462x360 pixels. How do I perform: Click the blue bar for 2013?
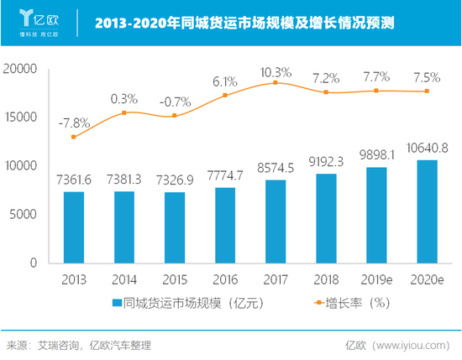pos(74,227)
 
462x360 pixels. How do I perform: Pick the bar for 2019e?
pos(375,215)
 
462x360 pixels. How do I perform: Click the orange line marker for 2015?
pos(175,115)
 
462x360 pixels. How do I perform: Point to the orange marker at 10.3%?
pos(276,82)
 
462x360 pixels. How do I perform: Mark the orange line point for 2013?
pos(74,137)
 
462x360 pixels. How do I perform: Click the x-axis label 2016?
pos(225,279)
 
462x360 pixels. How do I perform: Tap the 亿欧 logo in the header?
pos(39,18)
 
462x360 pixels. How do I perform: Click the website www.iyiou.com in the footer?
pos(412,344)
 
